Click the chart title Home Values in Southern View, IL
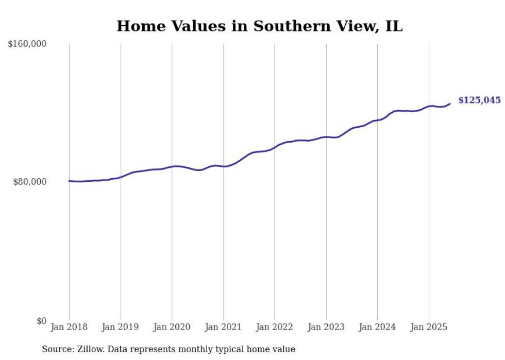coord(259,26)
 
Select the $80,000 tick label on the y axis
coord(29,182)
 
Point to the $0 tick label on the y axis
coord(41,321)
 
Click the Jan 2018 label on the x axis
coord(69,327)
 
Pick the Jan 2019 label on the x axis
coord(121,327)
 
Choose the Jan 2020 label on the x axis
coord(172,327)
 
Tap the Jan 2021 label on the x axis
coord(223,327)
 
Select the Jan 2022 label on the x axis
coord(275,327)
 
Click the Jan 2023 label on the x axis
coord(326,327)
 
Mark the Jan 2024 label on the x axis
coord(377,327)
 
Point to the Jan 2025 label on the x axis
coord(429,327)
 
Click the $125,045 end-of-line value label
coord(479,100)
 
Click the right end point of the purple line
coord(450,104)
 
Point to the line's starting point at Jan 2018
coord(69,181)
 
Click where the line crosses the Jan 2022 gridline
coord(275,147)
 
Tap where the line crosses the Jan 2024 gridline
coord(377,120)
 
